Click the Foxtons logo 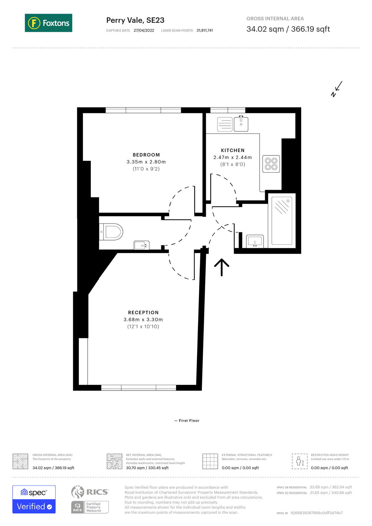click(x=49, y=23)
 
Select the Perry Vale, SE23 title click(x=135, y=20)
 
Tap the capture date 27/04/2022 click(x=144, y=30)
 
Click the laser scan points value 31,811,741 click(x=205, y=30)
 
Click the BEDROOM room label click(x=146, y=155)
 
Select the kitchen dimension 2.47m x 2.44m click(x=232, y=157)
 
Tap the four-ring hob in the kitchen click(x=271, y=164)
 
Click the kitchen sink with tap click(x=241, y=124)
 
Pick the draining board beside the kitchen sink click(x=225, y=124)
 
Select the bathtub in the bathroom click(x=282, y=221)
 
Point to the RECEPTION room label click(x=143, y=312)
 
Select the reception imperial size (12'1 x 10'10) click(x=143, y=326)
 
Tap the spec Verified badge click(x=34, y=499)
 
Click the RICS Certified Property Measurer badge click(x=90, y=507)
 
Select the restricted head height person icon click(x=300, y=461)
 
